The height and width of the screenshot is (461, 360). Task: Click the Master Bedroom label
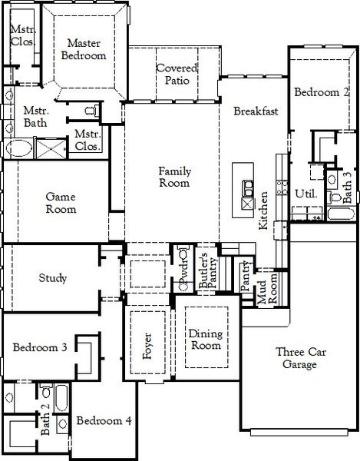(85, 50)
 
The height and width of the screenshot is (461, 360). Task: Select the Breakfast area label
(256, 111)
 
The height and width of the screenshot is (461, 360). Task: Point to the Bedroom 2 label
(322, 93)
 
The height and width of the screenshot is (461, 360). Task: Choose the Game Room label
(61, 202)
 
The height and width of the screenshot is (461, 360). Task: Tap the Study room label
(52, 278)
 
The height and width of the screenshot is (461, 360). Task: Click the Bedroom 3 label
(40, 348)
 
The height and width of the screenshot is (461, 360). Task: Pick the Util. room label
(305, 194)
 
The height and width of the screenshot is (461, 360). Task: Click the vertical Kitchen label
(263, 211)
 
